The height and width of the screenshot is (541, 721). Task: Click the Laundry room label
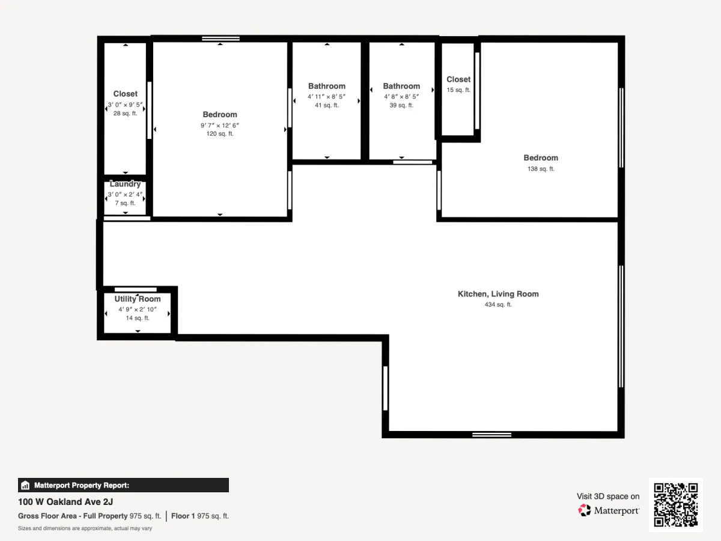coord(125,184)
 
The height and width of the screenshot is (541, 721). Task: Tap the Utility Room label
coord(138,299)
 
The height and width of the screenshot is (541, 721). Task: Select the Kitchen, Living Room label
coord(498,294)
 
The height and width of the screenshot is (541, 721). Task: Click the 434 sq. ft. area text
coord(498,305)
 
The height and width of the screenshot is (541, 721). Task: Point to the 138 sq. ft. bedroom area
coord(541,169)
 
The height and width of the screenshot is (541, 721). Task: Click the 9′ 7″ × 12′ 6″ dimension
coord(220,125)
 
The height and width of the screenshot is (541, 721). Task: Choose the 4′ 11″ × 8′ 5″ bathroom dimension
coord(326,97)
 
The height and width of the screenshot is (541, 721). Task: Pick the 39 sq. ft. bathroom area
coord(401,105)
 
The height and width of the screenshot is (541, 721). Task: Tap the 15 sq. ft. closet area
coord(458,90)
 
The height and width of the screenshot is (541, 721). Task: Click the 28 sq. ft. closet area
coord(125,114)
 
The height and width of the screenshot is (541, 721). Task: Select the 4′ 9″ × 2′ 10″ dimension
coord(138,310)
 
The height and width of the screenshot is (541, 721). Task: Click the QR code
coord(676,504)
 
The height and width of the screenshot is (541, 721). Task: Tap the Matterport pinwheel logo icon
coord(585,510)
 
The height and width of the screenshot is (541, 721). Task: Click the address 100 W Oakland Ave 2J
coord(65,502)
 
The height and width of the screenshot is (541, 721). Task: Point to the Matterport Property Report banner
coord(123,485)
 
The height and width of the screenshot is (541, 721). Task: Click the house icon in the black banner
coord(25,485)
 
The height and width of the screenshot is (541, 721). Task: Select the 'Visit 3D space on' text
coord(608,497)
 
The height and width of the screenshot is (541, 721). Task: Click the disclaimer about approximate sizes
coord(85,528)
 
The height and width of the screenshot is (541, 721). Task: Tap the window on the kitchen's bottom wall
coord(491,435)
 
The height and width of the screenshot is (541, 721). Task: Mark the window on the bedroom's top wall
coord(221,38)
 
